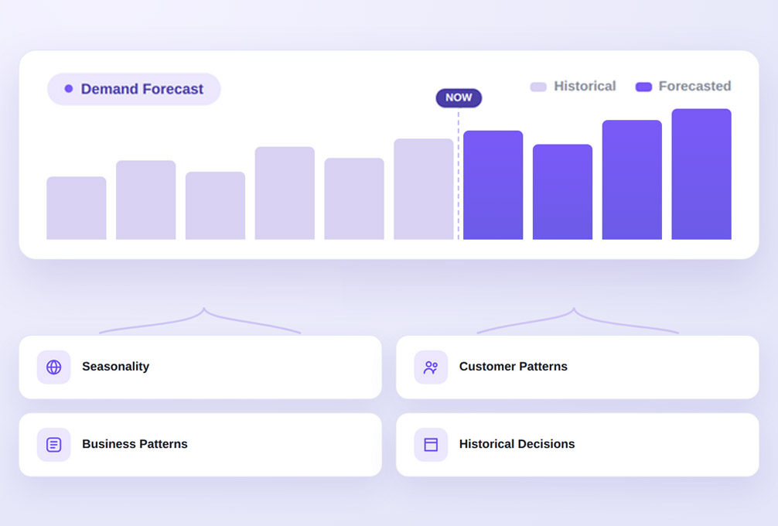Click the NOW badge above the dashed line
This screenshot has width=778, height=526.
pos(459,97)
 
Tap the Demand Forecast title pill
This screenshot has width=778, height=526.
pos(134,89)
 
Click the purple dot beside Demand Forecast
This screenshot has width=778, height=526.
pos(69,89)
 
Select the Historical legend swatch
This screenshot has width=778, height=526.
pos(538,87)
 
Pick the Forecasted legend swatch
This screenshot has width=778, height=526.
pos(643,87)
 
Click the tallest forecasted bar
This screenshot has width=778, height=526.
pos(701,174)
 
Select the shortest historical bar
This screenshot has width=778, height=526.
pos(77,208)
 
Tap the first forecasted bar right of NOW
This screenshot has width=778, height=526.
pos(493,185)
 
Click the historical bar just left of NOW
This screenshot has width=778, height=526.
pos(423,189)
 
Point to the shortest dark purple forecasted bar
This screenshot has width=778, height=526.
pos(562,192)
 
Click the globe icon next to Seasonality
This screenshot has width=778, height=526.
pos(53,367)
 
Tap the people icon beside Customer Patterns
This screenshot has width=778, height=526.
pos(431,367)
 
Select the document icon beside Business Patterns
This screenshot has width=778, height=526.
pos(53,445)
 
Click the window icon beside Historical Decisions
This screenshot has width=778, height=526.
pos(431,445)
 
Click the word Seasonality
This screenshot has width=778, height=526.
pos(115,367)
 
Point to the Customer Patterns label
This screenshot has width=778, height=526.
pos(513,366)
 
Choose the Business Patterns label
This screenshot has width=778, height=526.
pos(135,444)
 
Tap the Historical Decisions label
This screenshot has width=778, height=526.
pos(517,444)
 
